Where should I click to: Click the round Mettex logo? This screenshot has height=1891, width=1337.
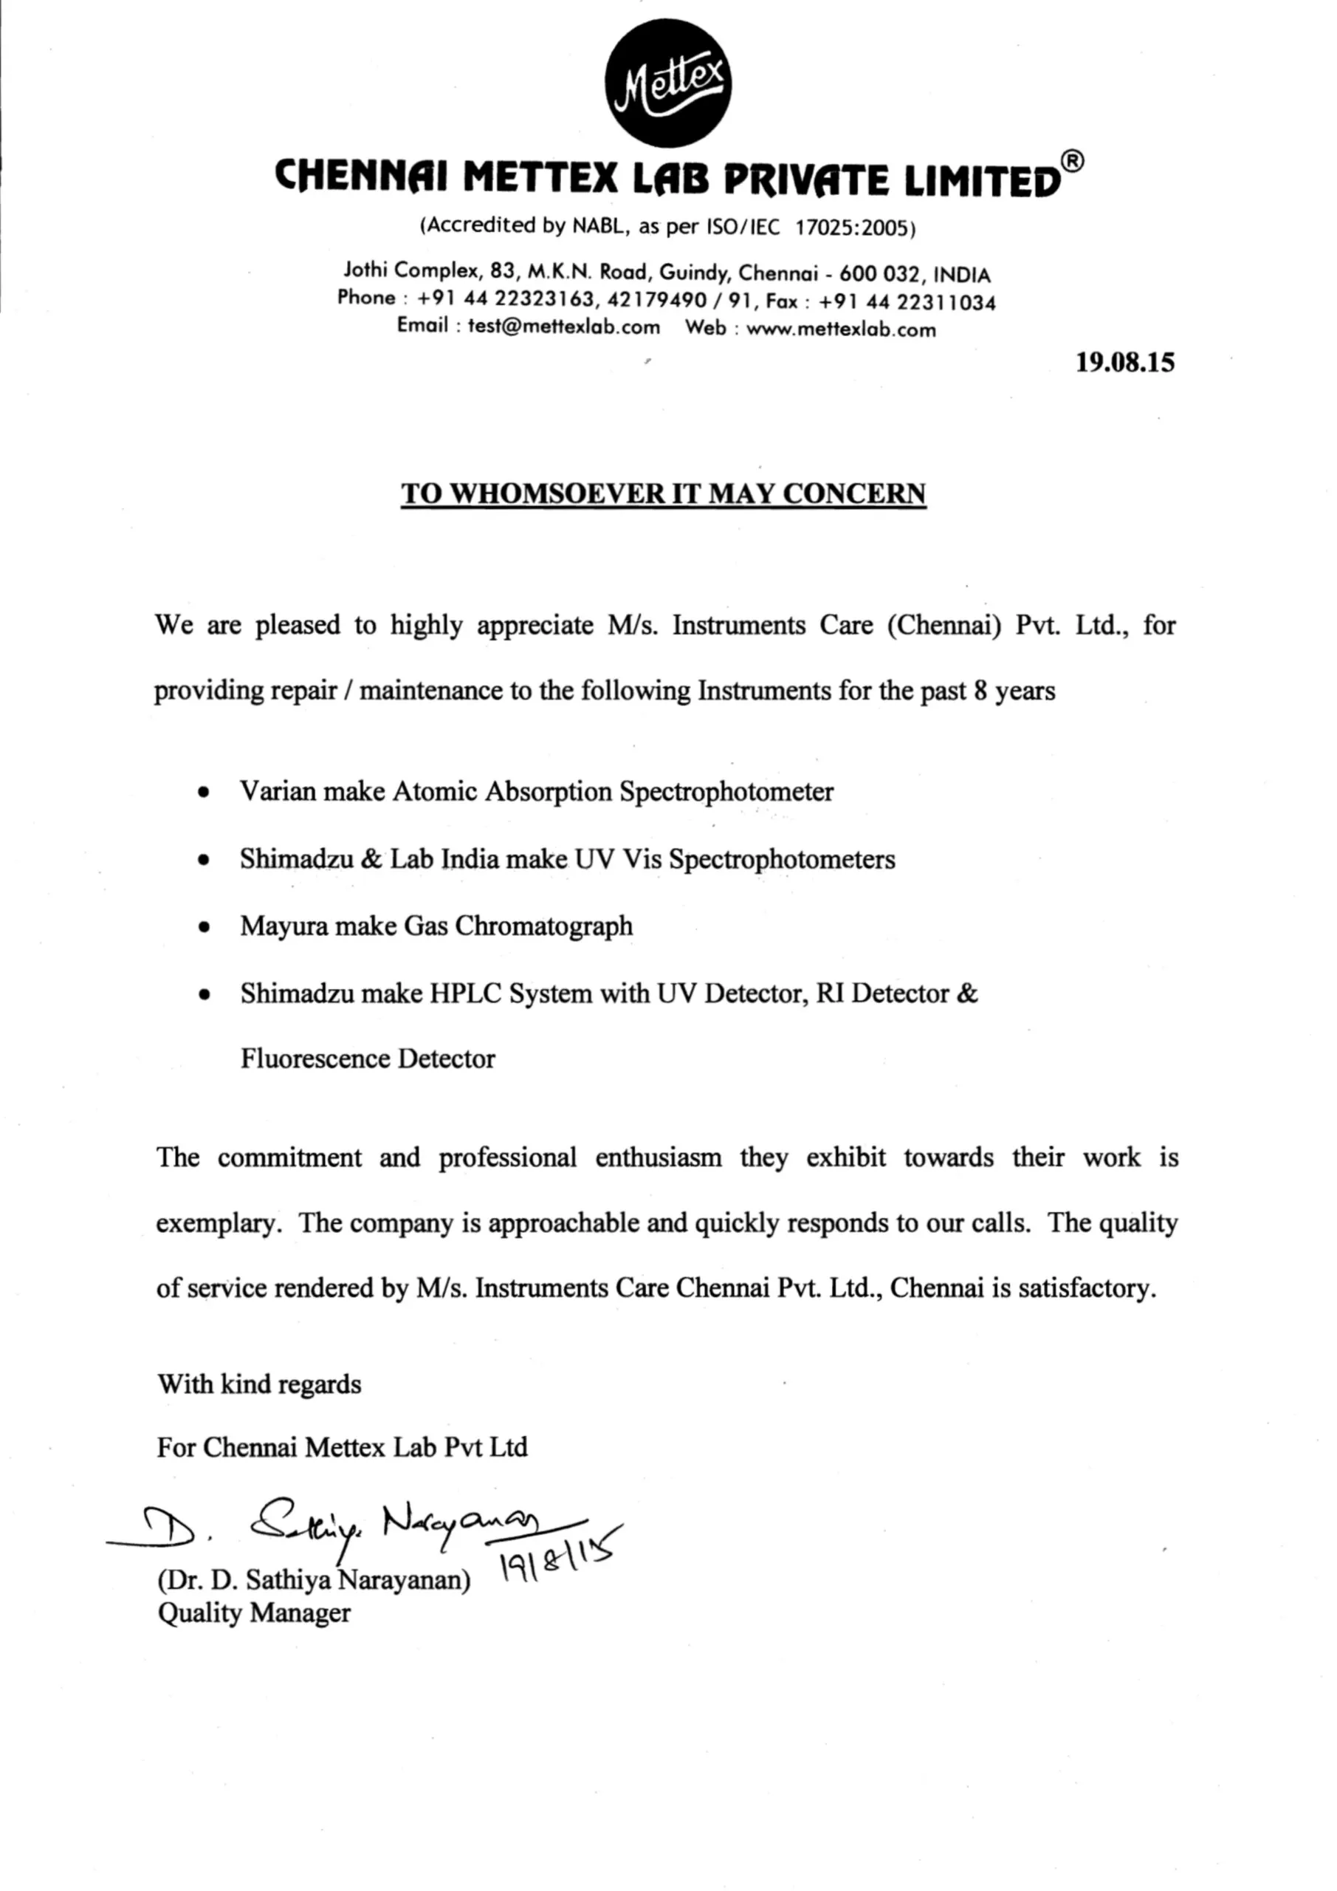coord(667,83)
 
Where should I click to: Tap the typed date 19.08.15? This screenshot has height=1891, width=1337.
coord(1124,363)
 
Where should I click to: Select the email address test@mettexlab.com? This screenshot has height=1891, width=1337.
coord(564,326)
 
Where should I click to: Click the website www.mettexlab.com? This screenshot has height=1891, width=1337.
coord(841,329)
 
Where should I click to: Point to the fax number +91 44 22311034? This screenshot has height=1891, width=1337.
coord(907,302)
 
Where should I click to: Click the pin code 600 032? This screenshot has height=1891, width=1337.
coord(879,273)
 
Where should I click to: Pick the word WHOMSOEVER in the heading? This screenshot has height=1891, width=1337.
coord(556,493)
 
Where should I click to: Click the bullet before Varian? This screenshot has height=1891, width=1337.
coord(203,793)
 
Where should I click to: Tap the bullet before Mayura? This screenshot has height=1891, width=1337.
coord(203,927)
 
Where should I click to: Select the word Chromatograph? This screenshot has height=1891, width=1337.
coord(543,926)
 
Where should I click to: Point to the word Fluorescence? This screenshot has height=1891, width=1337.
coord(315,1059)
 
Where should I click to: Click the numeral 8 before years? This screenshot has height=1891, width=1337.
coord(980,690)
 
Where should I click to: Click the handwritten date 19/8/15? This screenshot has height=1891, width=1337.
coord(560,1559)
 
